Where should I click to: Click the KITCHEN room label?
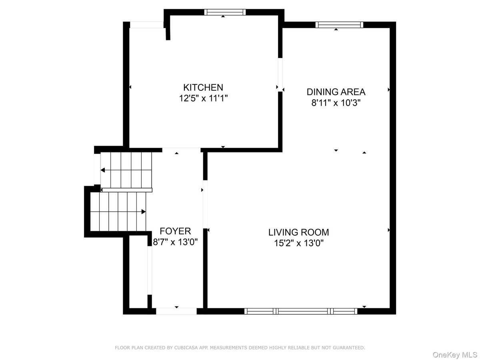pyautogui.click(x=203, y=87)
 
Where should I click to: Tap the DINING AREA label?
pyautogui.click(x=336, y=92)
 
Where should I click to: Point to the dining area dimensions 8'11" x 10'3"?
pyautogui.click(x=336, y=103)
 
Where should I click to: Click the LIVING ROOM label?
pyautogui.click(x=298, y=232)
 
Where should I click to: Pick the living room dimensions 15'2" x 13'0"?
pyautogui.click(x=298, y=243)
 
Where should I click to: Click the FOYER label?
pyautogui.click(x=175, y=231)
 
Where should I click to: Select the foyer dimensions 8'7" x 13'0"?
pyautogui.click(x=175, y=242)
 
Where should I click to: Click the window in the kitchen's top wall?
pyautogui.click(x=225, y=12)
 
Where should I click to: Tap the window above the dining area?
pyautogui.click(x=339, y=25)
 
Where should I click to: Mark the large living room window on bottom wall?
pyautogui.click(x=301, y=311)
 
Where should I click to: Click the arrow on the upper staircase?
pyautogui.click(x=103, y=170)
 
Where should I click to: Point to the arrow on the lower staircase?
pyautogui.click(x=143, y=212)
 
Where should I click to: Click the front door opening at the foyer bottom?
pyautogui.click(x=176, y=311)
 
